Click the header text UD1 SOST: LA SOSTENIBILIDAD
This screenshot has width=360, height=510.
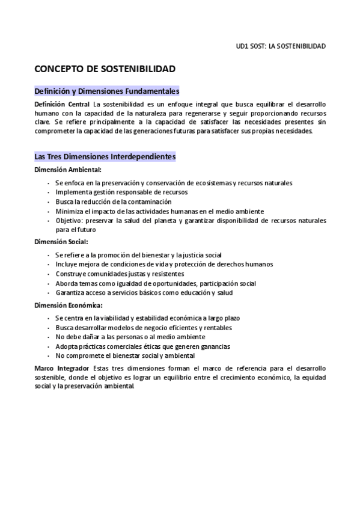click(281, 46)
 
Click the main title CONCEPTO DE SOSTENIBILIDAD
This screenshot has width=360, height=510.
click(105, 69)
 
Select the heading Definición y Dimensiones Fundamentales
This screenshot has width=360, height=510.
click(107, 91)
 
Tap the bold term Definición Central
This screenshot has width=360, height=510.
click(63, 105)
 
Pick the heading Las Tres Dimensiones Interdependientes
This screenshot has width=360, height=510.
click(105, 156)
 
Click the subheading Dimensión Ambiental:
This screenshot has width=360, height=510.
click(67, 170)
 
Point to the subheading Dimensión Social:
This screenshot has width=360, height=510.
click(61, 242)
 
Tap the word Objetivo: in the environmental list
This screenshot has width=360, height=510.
click(68, 221)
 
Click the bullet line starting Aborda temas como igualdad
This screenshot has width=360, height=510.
click(156, 283)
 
